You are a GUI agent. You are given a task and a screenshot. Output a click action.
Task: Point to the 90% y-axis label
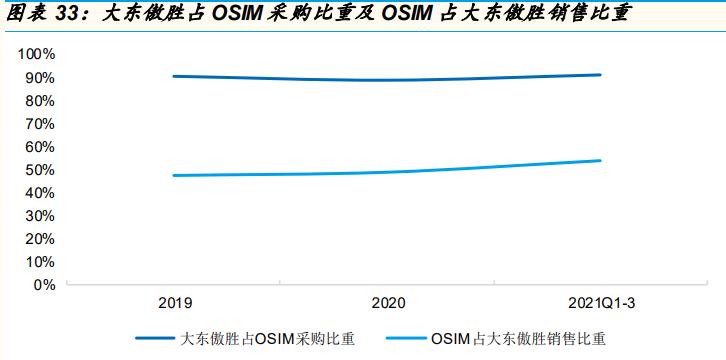point(40,77)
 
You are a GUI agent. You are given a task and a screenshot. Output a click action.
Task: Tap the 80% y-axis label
point(40,100)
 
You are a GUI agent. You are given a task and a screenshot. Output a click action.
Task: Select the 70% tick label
point(40,123)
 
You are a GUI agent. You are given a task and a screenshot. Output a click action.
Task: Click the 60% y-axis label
point(40,146)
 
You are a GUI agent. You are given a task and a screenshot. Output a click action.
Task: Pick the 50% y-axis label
point(40,169)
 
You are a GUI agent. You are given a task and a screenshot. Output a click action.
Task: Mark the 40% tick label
point(40,192)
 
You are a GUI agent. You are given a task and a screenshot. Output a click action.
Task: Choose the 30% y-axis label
point(40,215)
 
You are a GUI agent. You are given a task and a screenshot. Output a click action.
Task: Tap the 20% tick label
point(40,238)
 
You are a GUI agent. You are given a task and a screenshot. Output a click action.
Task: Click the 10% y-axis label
point(40,261)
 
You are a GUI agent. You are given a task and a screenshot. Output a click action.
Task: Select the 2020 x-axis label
point(387,302)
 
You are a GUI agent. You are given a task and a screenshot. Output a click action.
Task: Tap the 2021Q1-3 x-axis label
point(600,302)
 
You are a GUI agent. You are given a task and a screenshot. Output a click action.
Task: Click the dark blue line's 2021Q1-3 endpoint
point(600,75)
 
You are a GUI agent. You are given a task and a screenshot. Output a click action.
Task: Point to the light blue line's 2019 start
point(173,176)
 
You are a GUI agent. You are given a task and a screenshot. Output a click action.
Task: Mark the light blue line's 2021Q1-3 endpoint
point(600,160)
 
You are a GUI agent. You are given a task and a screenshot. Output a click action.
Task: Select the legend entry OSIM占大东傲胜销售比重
point(520,338)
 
